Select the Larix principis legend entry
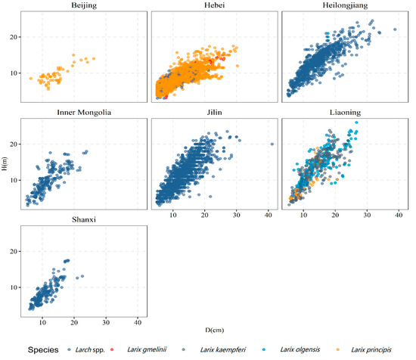pyautogui.click(x=383, y=350)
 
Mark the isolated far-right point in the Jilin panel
pyautogui.click(x=272, y=144)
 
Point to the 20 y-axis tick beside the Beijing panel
pyautogui.click(x=14, y=36)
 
